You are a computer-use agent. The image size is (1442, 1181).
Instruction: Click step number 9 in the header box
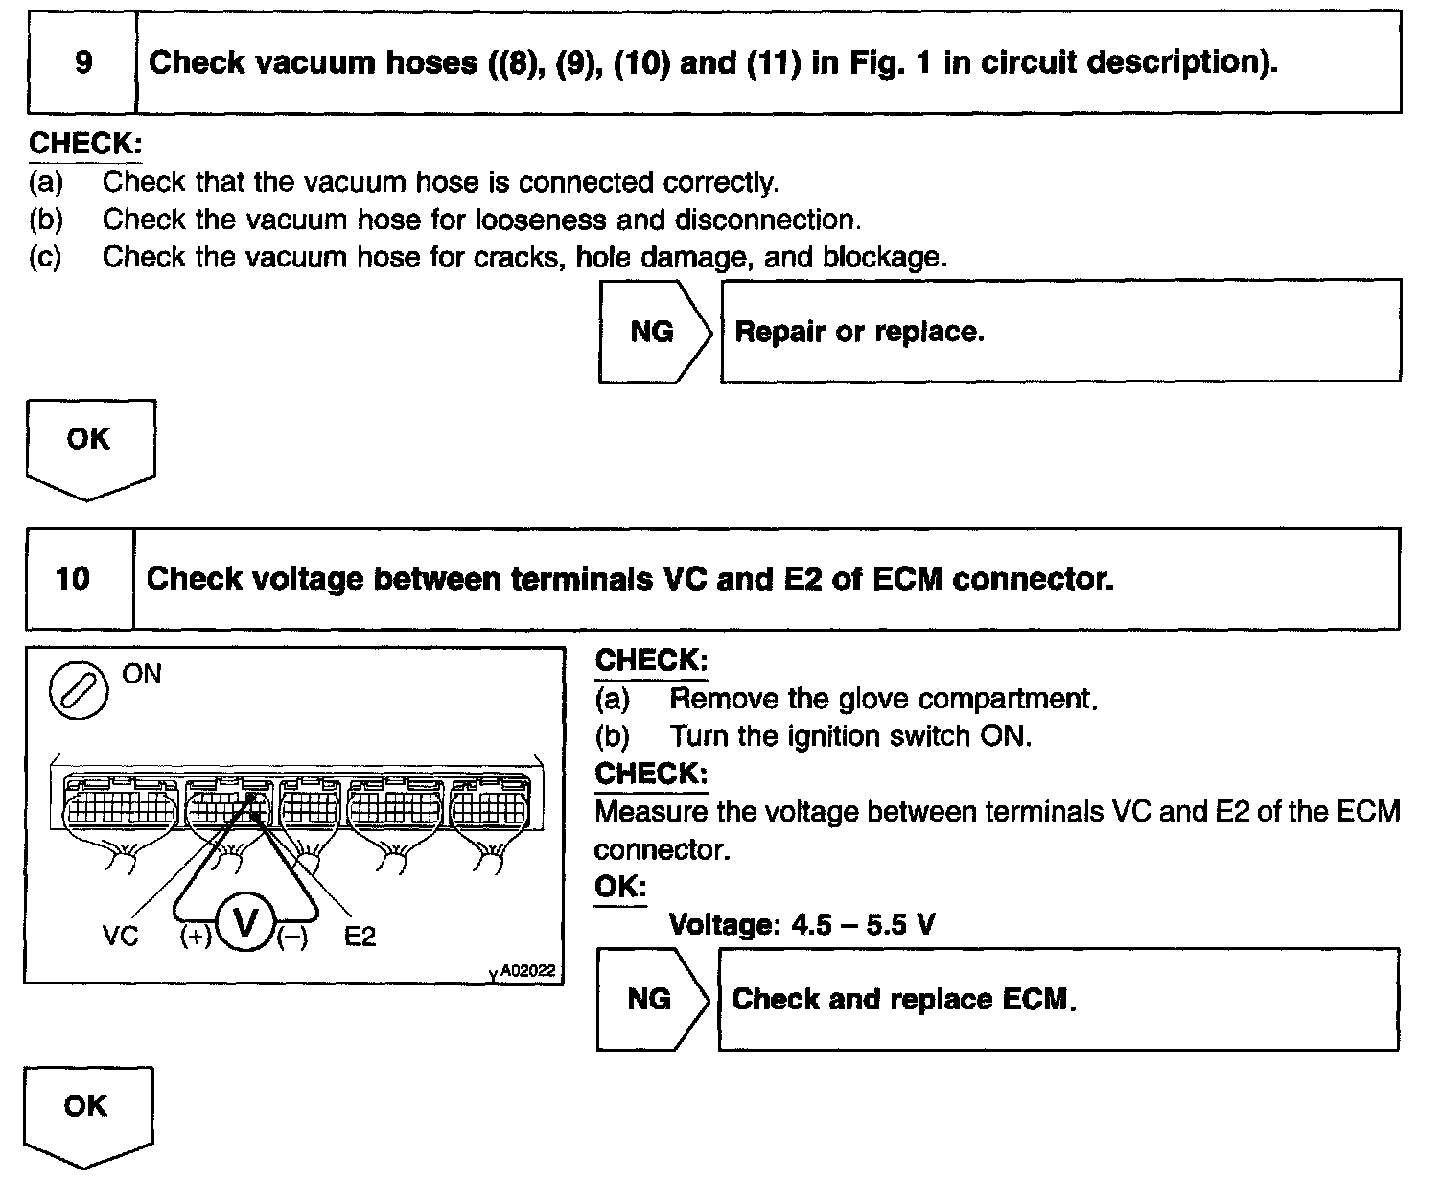click(83, 63)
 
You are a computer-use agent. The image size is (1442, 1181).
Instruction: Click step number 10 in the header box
click(74, 579)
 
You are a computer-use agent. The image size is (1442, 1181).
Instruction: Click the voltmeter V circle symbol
click(245, 924)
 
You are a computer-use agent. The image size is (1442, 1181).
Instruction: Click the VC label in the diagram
click(121, 936)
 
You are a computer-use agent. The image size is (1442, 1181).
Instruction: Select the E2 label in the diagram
click(360, 936)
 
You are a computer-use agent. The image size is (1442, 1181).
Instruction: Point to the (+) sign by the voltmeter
click(196, 938)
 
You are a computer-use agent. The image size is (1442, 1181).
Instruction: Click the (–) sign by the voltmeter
click(292, 938)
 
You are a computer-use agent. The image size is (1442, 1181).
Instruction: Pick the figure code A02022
click(527, 971)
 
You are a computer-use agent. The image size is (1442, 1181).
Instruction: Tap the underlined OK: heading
click(619, 887)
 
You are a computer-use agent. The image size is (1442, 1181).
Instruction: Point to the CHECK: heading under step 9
click(85, 144)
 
